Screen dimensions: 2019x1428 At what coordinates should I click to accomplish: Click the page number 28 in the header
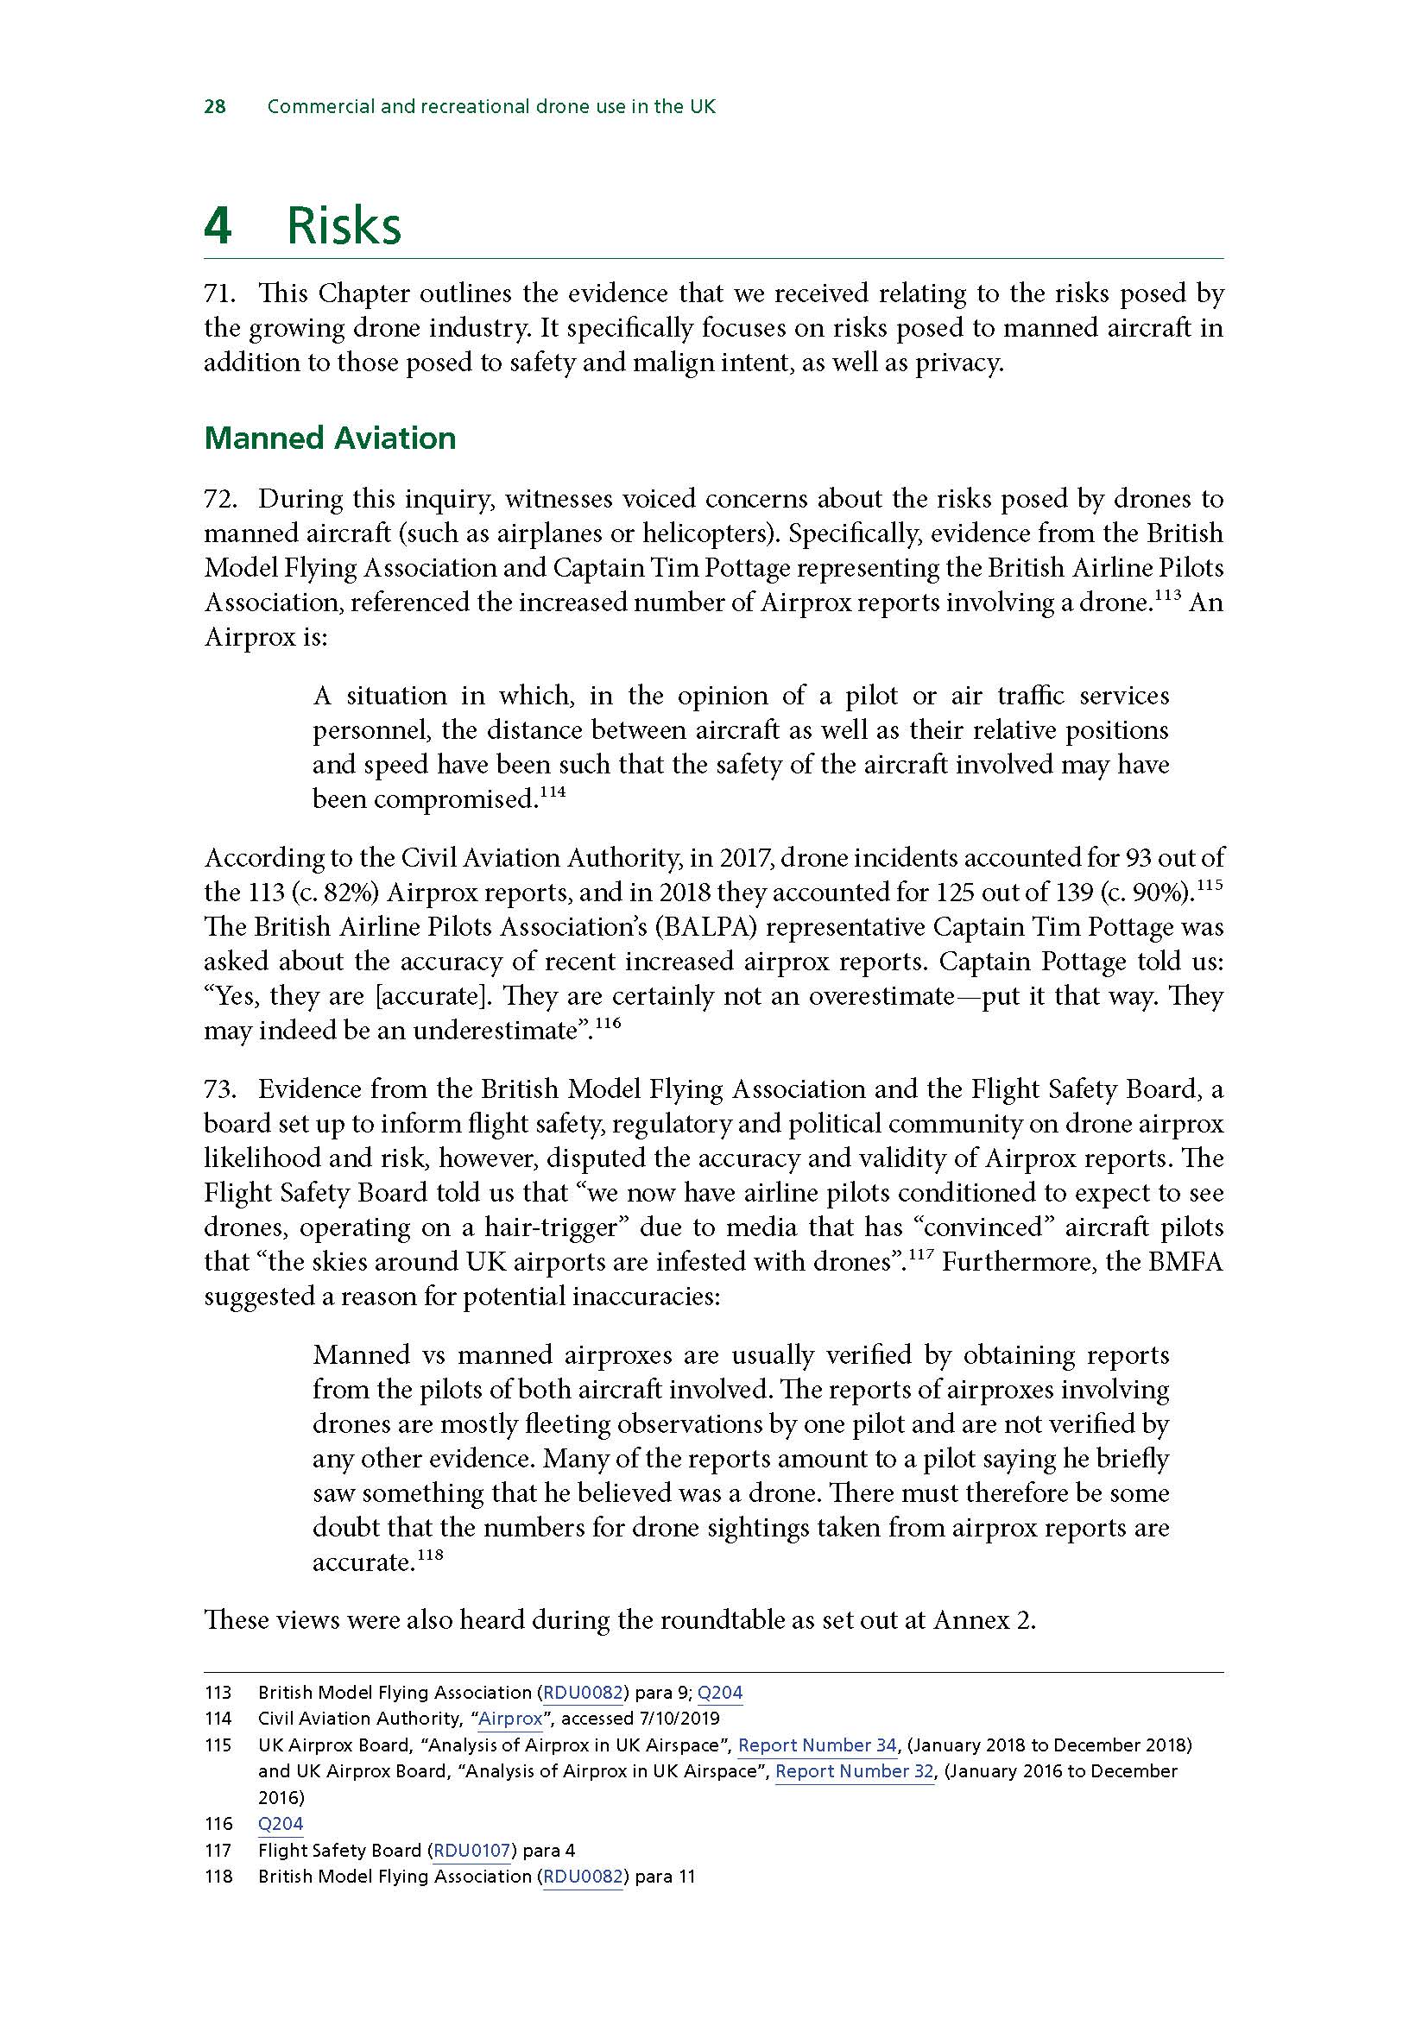215,107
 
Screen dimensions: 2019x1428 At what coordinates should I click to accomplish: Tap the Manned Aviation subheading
330,438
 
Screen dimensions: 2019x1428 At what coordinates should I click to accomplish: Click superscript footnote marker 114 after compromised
552,792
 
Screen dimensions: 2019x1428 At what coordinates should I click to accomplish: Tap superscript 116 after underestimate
608,1023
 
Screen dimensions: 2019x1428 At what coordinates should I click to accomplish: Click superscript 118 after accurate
429,1555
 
